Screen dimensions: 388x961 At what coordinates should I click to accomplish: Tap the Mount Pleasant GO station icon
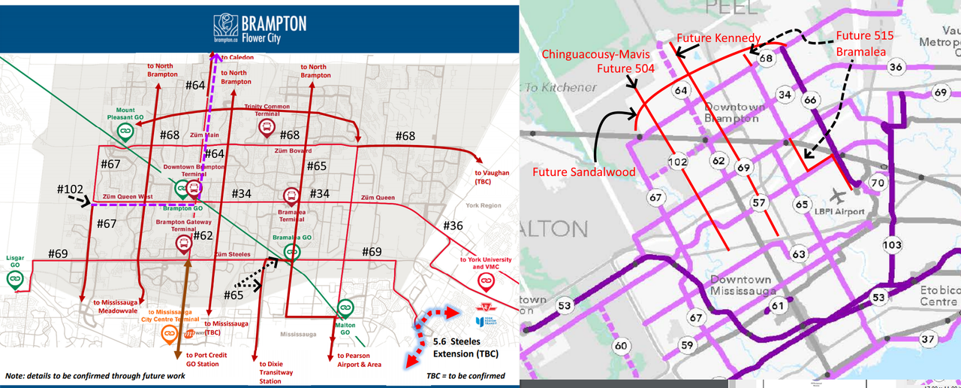(x=125, y=132)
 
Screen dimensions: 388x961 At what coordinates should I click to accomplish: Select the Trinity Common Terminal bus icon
(x=266, y=128)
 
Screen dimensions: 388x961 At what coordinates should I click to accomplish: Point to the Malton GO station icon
(x=345, y=308)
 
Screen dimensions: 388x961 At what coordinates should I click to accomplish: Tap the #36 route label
(x=453, y=226)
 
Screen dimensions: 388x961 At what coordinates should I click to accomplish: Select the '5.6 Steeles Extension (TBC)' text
(x=465, y=347)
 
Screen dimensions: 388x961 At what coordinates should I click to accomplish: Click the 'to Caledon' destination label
(x=237, y=58)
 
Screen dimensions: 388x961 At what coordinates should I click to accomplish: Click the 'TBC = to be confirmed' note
(x=465, y=375)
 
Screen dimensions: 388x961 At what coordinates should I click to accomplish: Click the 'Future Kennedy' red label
(x=718, y=38)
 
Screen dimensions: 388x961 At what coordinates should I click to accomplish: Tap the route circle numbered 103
(x=892, y=245)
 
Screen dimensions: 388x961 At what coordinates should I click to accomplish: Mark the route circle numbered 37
(x=929, y=339)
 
